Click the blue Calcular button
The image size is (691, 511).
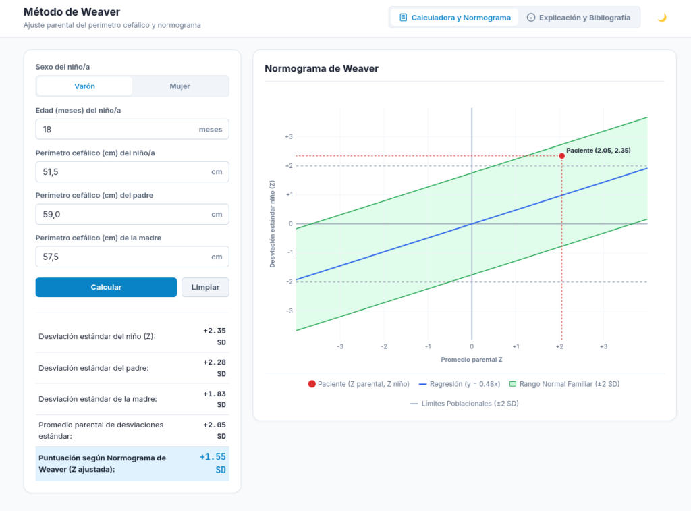(x=106, y=287)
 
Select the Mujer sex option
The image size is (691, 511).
(x=179, y=86)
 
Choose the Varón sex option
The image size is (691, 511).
(x=84, y=86)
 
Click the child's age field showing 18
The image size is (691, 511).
(x=132, y=129)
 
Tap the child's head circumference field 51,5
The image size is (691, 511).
(x=132, y=172)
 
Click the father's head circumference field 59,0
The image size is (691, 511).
(x=132, y=214)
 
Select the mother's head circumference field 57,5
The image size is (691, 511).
(x=132, y=257)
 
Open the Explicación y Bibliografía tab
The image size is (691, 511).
(x=580, y=18)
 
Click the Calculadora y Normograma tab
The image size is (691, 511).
(x=455, y=18)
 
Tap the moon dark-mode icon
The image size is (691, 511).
(x=662, y=18)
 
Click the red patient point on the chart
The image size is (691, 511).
(x=562, y=156)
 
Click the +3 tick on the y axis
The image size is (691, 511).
(x=289, y=136)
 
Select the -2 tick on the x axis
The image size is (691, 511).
(x=384, y=346)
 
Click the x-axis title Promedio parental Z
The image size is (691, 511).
(x=472, y=360)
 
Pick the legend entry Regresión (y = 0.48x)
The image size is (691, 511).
(x=460, y=384)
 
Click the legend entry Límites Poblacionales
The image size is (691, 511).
(x=464, y=404)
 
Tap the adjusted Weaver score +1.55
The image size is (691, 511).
(x=213, y=457)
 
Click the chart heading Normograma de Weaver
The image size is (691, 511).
(x=321, y=68)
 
